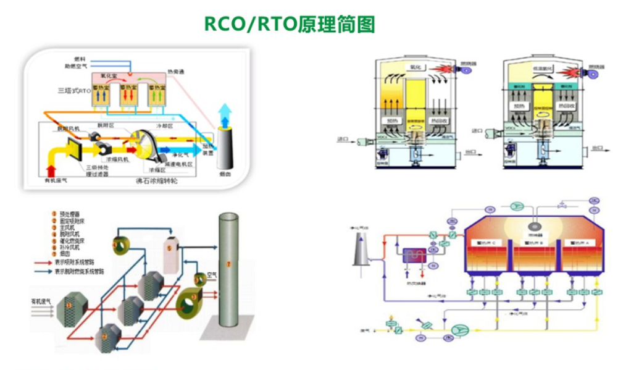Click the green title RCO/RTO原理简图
[290, 24]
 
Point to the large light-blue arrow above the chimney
[226, 116]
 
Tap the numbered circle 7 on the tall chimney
[230, 265]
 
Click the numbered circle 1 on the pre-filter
[69, 305]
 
